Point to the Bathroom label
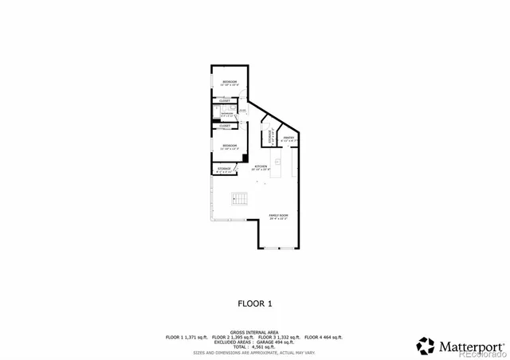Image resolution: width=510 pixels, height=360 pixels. point(227,114)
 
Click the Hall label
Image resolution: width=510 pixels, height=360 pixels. point(242,111)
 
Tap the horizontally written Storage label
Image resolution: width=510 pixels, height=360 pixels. point(225,169)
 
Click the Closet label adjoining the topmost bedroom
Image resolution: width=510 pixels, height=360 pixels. point(225,101)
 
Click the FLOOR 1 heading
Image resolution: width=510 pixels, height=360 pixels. point(255,303)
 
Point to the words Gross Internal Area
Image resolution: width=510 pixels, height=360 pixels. point(255,331)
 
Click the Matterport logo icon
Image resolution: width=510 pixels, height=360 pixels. point(425,346)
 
